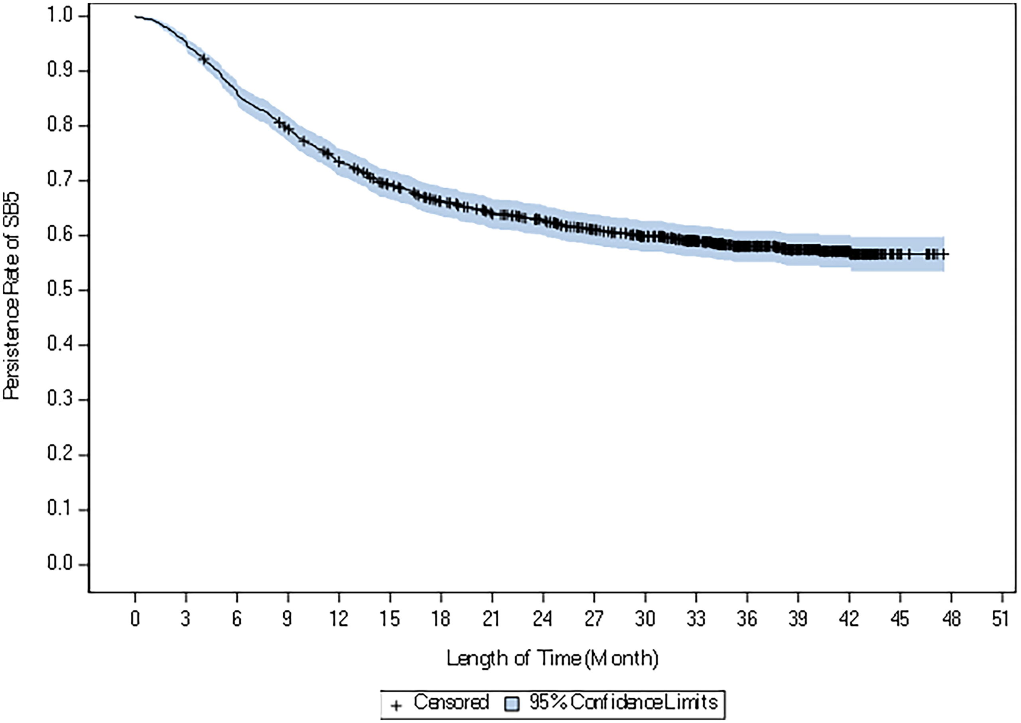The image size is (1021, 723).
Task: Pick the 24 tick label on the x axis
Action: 542,619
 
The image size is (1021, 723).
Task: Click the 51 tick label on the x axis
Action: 1001,619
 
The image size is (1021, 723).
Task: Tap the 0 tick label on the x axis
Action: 135,619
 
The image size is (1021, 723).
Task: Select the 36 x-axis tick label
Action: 746,619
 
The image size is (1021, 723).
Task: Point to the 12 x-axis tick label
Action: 339,619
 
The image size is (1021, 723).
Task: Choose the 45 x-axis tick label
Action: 899,619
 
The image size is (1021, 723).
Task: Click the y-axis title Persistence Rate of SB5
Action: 12,296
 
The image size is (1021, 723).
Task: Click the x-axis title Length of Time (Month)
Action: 552,658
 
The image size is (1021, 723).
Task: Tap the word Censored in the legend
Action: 451,703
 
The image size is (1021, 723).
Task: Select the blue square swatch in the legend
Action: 512,704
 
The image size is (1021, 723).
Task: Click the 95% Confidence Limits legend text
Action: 623,703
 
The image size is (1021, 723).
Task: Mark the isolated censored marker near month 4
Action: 204,59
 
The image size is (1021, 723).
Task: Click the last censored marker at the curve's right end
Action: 942,254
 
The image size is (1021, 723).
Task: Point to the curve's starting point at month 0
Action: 135,16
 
